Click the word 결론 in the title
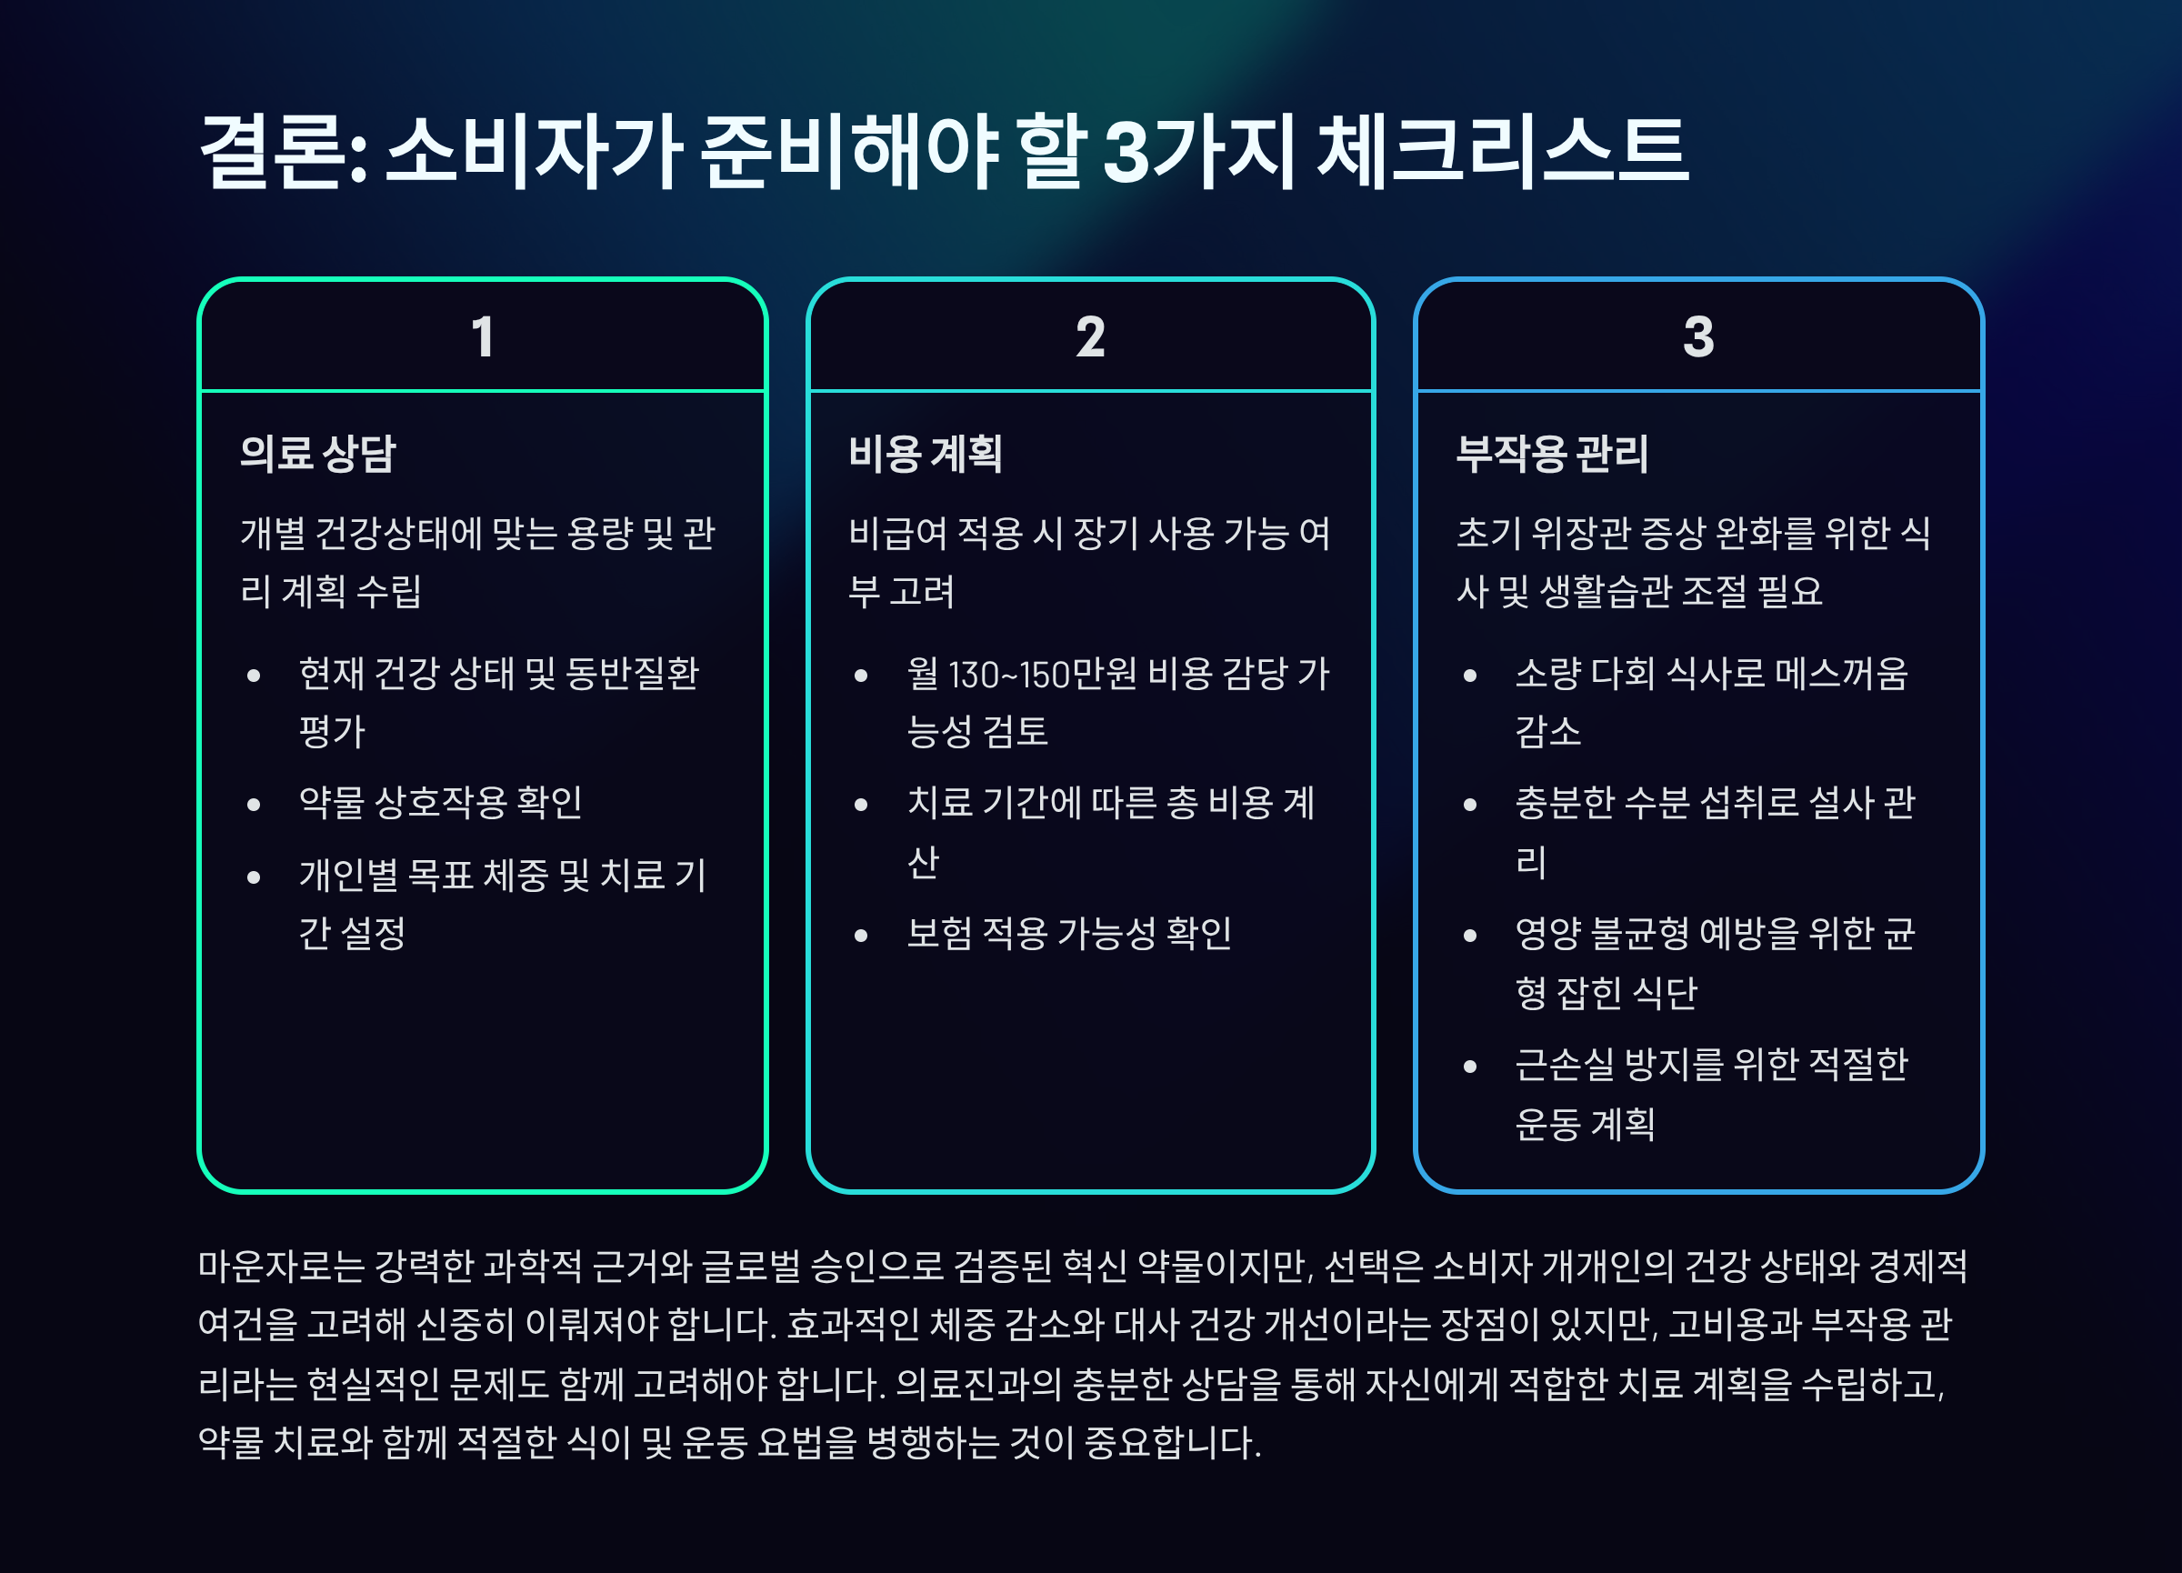[272, 150]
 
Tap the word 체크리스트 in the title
[1502, 150]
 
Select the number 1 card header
[482, 336]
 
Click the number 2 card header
[1090, 336]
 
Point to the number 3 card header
[1698, 336]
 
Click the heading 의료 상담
[317, 453]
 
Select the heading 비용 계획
[926, 453]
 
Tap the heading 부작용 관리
[1552, 453]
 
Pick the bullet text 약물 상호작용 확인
[441, 802]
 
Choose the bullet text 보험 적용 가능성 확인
[1069, 933]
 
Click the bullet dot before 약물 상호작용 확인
[254, 805]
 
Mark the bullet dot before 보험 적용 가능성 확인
[861, 934]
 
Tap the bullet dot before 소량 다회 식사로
[1469, 676]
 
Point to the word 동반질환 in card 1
[632, 674]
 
